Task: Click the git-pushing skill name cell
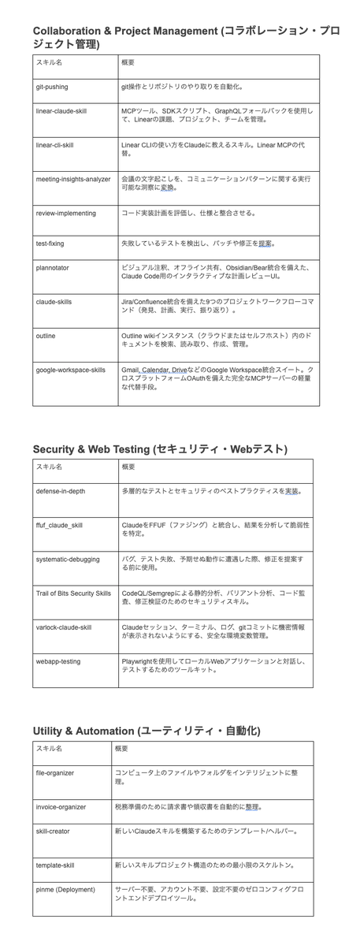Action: pyautogui.click(x=52, y=87)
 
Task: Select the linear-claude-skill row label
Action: pyautogui.click(x=61, y=111)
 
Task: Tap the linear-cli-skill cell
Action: pyautogui.click(x=54, y=145)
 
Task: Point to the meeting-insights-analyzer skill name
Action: pyautogui.click(x=73, y=179)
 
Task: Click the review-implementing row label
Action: pyautogui.click(x=66, y=213)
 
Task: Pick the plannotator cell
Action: pyautogui.click(x=52, y=268)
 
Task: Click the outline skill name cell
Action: pyautogui.click(x=46, y=336)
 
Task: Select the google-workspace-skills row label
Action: pyautogui.click(x=70, y=370)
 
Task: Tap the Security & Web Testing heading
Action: pyautogui.click(x=160, y=449)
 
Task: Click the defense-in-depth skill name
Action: pyautogui.click(x=61, y=490)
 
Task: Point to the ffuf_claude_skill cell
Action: pyautogui.click(x=59, y=525)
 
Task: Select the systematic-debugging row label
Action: pyautogui.click(x=68, y=559)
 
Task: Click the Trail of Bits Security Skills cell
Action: pyautogui.click(x=73, y=593)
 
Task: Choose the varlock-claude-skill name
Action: pyautogui.click(x=64, y=627)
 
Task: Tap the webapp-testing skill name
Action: pyautogui.click(x=58, y=661)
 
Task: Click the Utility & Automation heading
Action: pyautogui.click(x=147, y=731)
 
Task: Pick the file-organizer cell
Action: pyautogui.click(x=55, y=773)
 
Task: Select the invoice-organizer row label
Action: pyautogui.click(x=61, y=807)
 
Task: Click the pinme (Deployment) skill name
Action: pyautogui.click(x=65, y=890)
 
